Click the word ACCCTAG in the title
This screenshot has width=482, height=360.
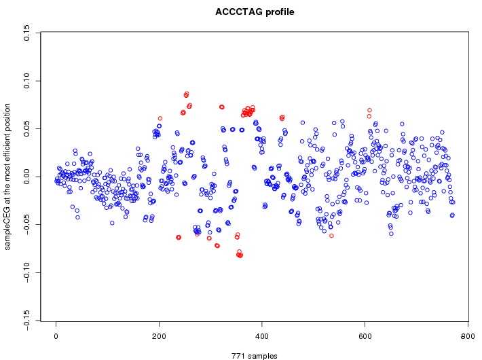[238, 12]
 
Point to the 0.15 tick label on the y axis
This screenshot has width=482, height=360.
[26, 33]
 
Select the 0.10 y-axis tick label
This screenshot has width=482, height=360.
[26, 81]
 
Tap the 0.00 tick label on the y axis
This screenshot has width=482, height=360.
[26, 177]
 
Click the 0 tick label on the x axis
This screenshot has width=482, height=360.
[56, 335]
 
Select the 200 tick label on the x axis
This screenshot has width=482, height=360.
[159, 335]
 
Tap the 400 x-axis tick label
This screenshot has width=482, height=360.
[262, 335]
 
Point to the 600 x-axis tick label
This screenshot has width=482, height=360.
[365, 335]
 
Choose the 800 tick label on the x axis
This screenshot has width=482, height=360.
[468, 335]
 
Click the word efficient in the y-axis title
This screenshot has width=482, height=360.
[8, 140]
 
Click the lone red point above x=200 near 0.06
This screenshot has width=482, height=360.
[160, 119]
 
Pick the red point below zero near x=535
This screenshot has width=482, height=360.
[331, 236]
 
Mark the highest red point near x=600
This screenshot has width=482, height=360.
[369, 110]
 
